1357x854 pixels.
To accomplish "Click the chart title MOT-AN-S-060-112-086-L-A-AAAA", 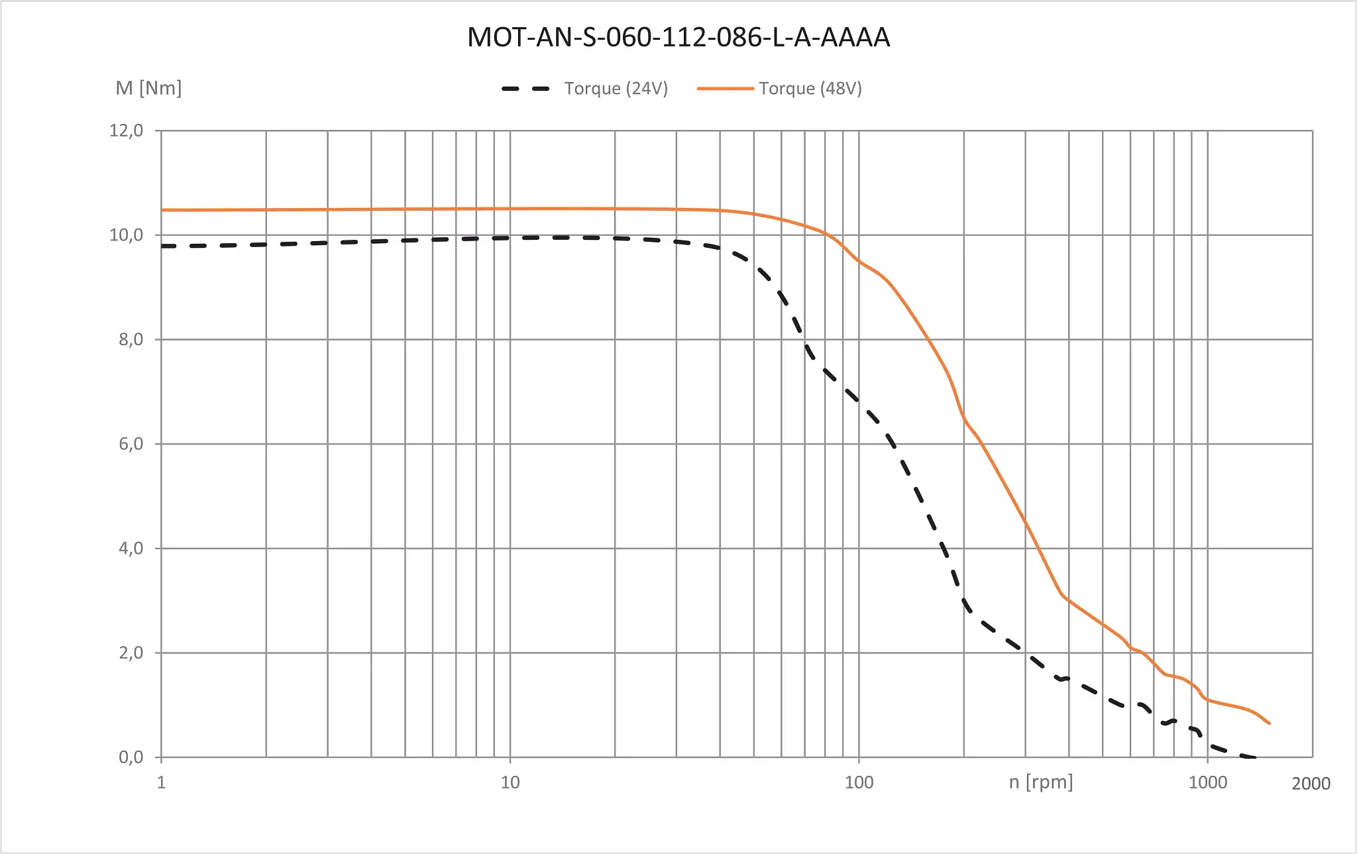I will click(x=678, y=37).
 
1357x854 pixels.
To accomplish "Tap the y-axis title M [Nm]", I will click(x=148, y=88).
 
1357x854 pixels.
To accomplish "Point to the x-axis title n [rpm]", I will click(x=1040, y=782).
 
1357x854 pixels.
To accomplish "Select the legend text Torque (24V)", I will click(x=616, y=89).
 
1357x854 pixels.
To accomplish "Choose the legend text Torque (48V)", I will click(x=810, y=89).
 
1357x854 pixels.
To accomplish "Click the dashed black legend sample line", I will click(x=526, y=89).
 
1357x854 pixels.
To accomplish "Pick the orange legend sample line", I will click(x=725, y=89).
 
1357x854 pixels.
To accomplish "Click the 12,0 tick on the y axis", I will click(x=126, y=131).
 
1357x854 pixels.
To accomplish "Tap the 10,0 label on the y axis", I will click(x=126, y=235).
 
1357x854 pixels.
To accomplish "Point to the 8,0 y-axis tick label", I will click(x=131, y=340).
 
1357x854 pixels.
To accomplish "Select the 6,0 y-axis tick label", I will click(x=131, y=444).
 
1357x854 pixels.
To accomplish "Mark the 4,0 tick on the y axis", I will click(x=131, y=549).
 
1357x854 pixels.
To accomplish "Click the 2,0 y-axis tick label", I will click(x=131, y=653).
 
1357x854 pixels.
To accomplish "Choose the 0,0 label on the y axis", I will click(x=131, y=757).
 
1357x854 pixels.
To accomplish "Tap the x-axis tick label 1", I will click(x=161, y=782).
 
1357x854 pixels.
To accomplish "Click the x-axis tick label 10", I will click(x=510, y=782).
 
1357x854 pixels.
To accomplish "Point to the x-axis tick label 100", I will click(x=859, y=782).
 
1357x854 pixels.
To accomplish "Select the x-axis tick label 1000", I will click(x=1207, y=782).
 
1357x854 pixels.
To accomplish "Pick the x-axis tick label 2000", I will click(x=1311, y=784).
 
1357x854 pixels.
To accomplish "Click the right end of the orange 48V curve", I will click(x=1269, y=723).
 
